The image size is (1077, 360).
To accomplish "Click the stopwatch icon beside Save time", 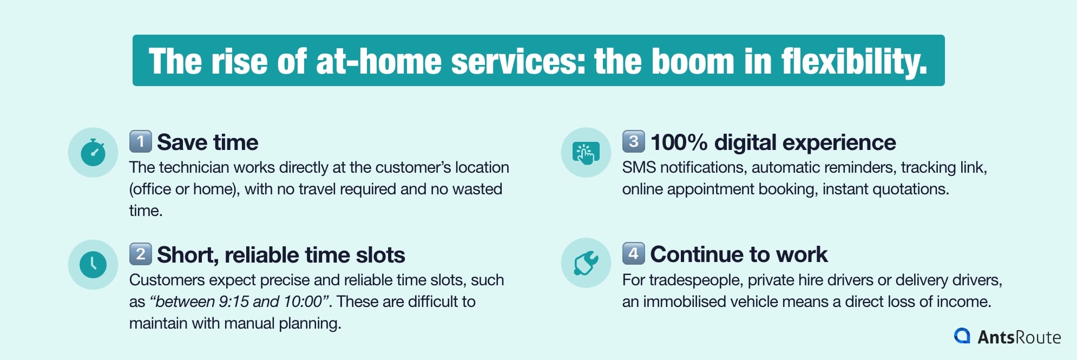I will tap(93, 152).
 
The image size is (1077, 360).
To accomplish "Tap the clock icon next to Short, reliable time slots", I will tap(93, 265).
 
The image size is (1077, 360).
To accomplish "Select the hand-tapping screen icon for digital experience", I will tap(586, 152).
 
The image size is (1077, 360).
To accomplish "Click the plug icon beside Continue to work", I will tap(586, 263).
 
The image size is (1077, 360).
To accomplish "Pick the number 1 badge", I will tap(141, 142).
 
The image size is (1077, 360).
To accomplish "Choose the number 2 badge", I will tap(141, 254).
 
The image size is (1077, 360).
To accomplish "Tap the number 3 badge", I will tap(633, 141).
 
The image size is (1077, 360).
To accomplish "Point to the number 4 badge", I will tap(633, 253).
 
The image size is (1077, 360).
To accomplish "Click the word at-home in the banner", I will tap(378, 61).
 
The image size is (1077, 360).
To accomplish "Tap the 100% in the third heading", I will tap(679, 142).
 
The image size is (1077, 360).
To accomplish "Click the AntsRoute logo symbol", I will tap(962, 336).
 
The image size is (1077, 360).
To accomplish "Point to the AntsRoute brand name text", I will tap(1019, 337).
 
